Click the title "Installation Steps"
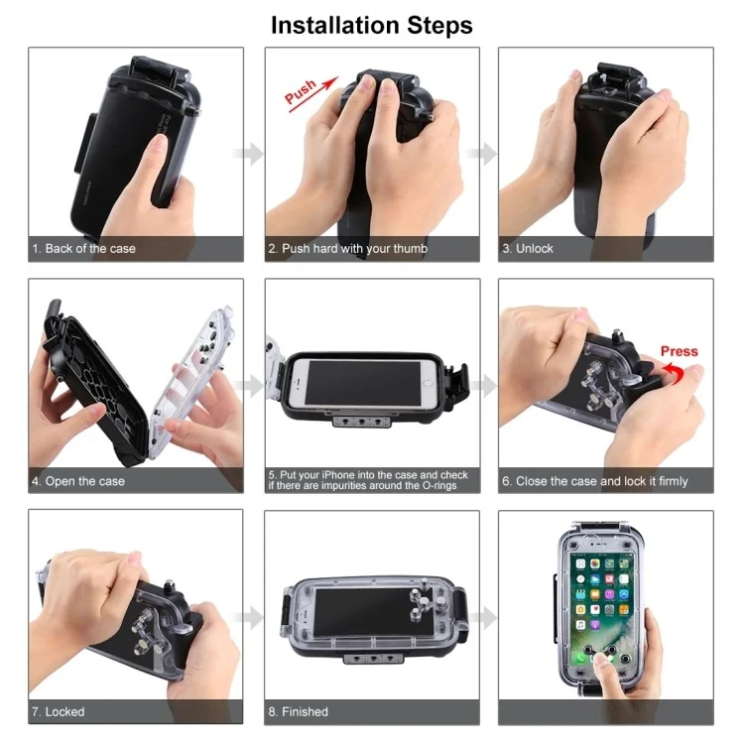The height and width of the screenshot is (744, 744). (x=372, y=25)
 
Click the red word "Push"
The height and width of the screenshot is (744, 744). (x=301, y=91)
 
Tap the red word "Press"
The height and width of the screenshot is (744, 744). (x=679, y=351)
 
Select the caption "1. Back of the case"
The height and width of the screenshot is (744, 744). (x=84, y=249)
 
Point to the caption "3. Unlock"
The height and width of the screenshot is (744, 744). (x=528, y=249)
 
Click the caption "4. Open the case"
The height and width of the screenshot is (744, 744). (x=78, y=481)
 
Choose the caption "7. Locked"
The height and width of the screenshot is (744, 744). (x=59, y=711)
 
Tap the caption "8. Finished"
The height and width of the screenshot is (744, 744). (x=298, y=711)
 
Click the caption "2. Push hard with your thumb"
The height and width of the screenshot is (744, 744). (x=348, y=249)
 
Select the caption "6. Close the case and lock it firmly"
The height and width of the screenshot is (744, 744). (x=595, y=481)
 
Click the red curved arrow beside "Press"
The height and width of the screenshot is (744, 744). (x=676, y=373)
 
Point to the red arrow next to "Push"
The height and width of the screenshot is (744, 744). (x=314, y=94)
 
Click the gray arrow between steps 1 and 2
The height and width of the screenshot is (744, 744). (x=249, y=153)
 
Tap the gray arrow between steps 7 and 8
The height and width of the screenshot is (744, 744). (x=249, y=617)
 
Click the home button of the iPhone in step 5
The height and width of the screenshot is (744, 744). (x=429, y=383)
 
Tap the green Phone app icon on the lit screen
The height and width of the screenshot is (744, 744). (x=580, y=657)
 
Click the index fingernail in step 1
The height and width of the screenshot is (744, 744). (x=158, y=142)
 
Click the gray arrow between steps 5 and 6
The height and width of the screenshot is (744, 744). (x=483, y=385)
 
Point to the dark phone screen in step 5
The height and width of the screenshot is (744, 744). (x=363, y=383)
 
